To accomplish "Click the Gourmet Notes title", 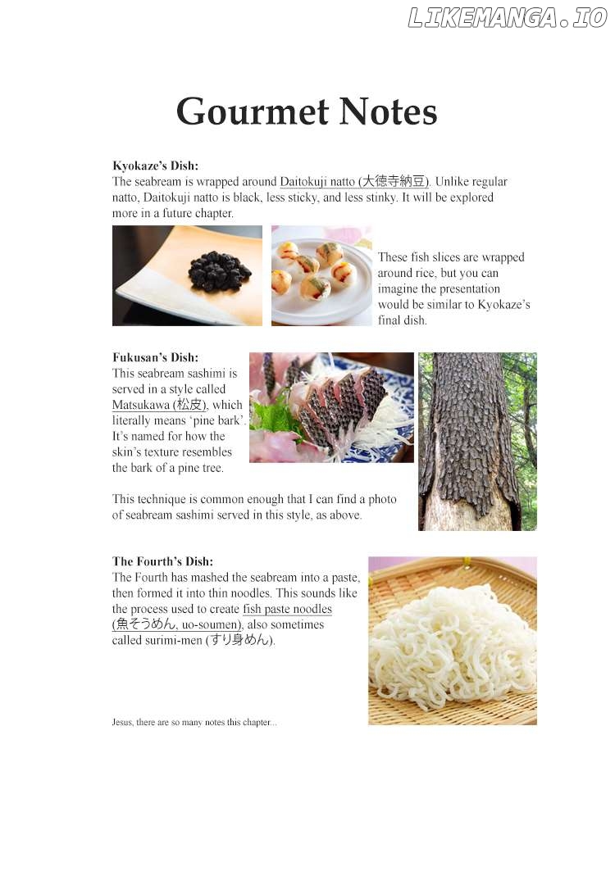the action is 307,111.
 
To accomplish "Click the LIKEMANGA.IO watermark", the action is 507,17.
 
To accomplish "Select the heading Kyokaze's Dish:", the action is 155,166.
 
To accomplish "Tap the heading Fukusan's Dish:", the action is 155,357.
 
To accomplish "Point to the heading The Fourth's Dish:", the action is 162,561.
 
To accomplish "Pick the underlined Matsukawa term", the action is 159,405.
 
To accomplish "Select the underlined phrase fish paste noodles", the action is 287,609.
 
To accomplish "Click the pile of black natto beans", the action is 219,271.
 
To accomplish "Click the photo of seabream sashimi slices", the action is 331,407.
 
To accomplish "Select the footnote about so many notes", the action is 194,722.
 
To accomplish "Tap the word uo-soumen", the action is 211,624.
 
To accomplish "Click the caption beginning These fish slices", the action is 454,288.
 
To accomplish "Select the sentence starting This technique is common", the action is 254,507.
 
